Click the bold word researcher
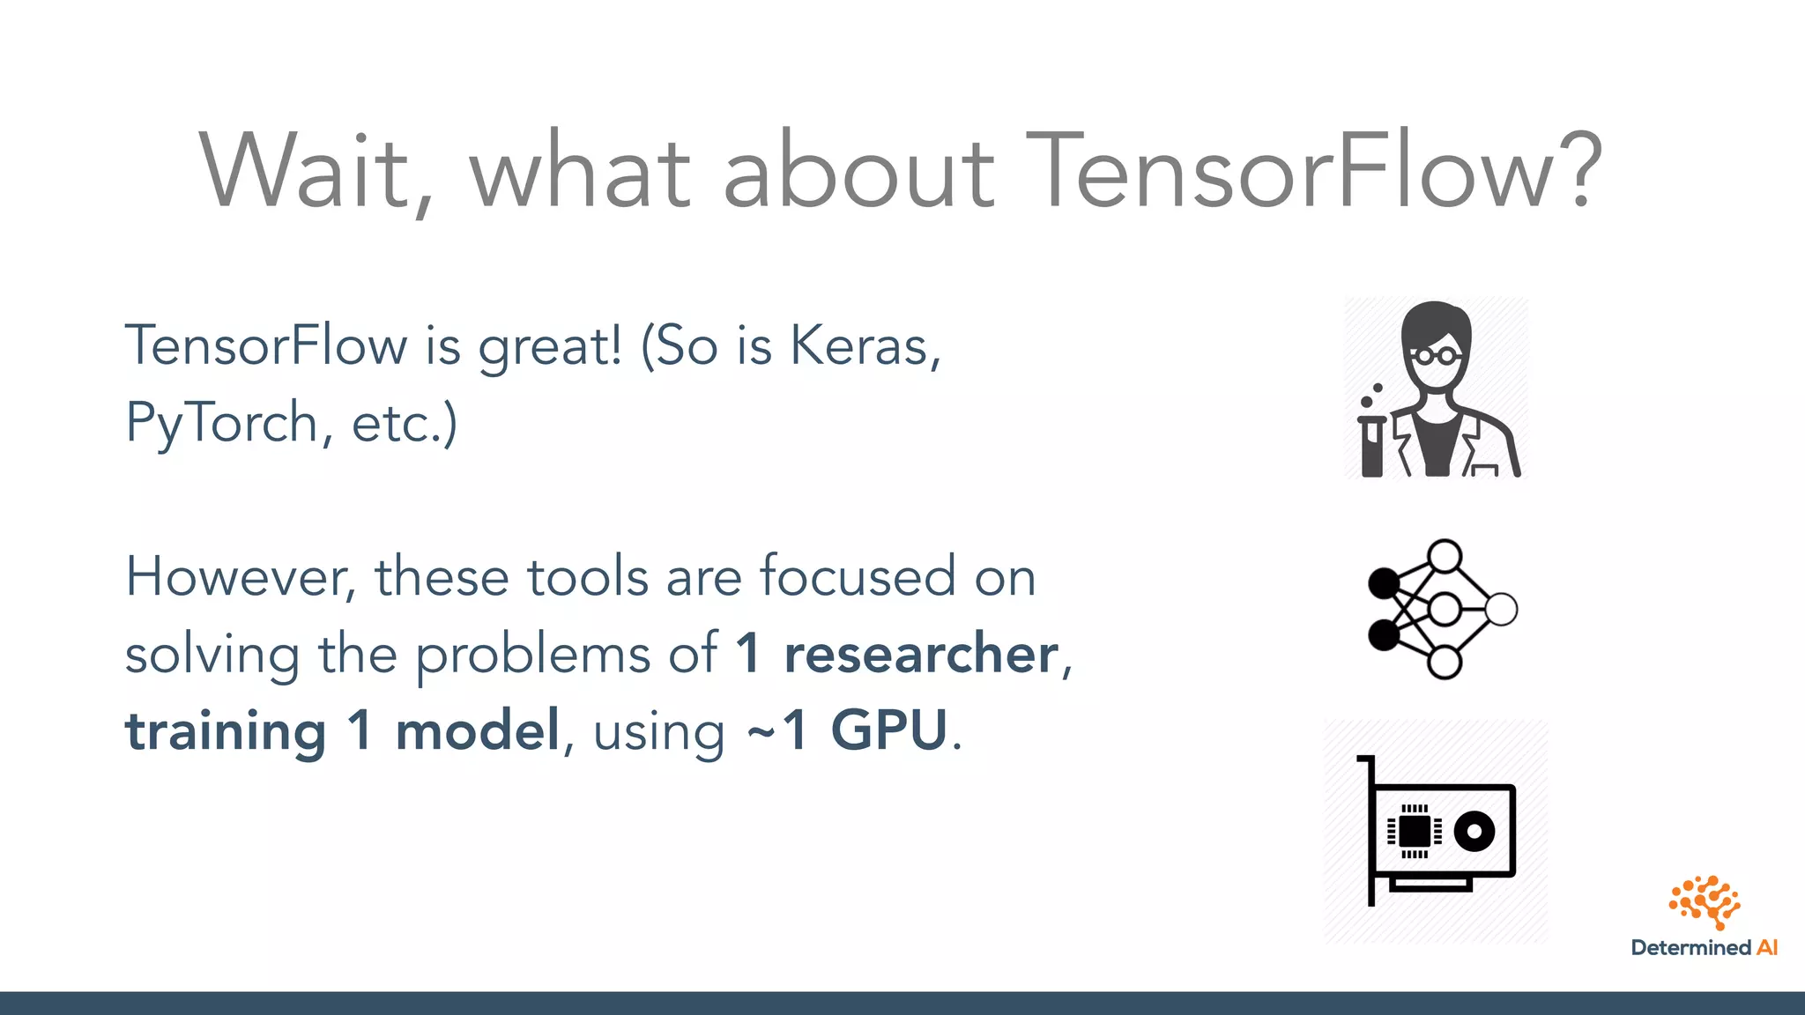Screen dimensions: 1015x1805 click(920, 655)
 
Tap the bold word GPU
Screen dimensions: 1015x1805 click(888, 731)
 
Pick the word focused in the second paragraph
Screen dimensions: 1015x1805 click(857, 577)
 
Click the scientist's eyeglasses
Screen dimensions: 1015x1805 click(1435, 357)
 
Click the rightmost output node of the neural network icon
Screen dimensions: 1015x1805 click(1501, 609)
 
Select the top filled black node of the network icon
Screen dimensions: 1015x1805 click(1383, 582)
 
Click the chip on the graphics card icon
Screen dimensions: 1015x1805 click(1414, 831)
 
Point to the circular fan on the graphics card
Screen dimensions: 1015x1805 click(1474, 831)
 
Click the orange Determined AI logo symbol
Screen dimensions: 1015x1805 click(1705, 901)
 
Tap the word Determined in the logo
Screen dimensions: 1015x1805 click(1690, 948)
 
